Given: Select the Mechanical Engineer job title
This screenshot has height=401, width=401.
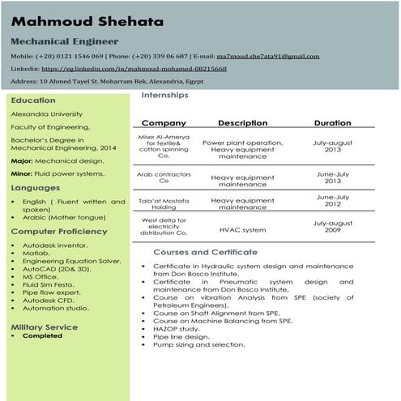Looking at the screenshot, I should [x=65, y=41].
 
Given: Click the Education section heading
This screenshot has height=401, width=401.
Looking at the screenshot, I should [x=33, y=100].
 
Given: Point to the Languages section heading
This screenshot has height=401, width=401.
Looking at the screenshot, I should [x=36, y=188].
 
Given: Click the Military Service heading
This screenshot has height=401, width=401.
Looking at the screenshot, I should [x=45, y=326].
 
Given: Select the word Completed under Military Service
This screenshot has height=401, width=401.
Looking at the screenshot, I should [x=42, y=335].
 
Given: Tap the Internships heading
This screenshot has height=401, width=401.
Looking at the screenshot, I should [x=164, y=95].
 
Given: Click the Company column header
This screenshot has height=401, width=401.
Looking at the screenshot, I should [x=164, y=123].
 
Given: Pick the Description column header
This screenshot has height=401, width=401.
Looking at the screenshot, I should [x=242, y=123].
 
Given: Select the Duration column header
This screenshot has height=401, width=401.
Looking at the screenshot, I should [x=333, y=123].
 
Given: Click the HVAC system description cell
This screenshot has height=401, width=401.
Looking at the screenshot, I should [x=242, y=230].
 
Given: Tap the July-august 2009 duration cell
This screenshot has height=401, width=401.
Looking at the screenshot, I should [x=333, y=226].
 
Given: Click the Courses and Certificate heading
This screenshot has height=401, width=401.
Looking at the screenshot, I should [x=205, y=252].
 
